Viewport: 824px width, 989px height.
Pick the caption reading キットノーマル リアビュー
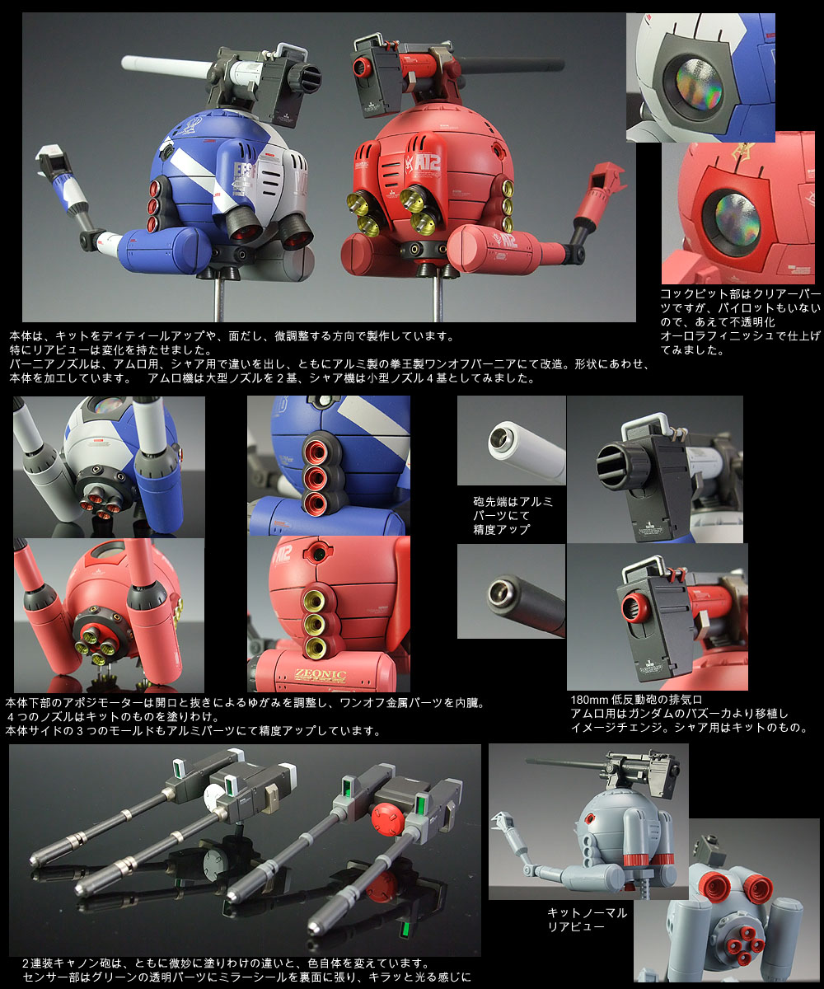[588, 919]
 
